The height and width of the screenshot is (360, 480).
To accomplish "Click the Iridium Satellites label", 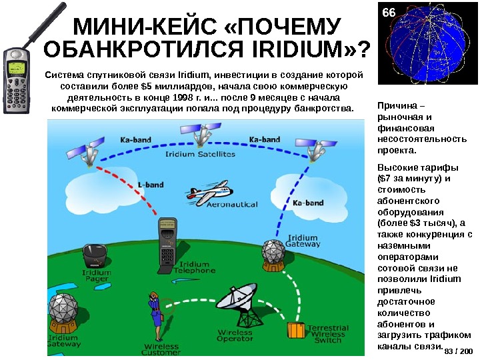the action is [201, 154].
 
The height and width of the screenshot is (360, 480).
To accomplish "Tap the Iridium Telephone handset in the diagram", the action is [168, 239].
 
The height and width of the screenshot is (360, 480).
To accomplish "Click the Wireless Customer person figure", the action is [155, 316].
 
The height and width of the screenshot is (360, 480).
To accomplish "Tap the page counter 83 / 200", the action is [457, 351].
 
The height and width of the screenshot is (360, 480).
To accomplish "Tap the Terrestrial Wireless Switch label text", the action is [327, 334].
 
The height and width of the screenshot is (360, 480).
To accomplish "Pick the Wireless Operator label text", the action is [235, 335].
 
